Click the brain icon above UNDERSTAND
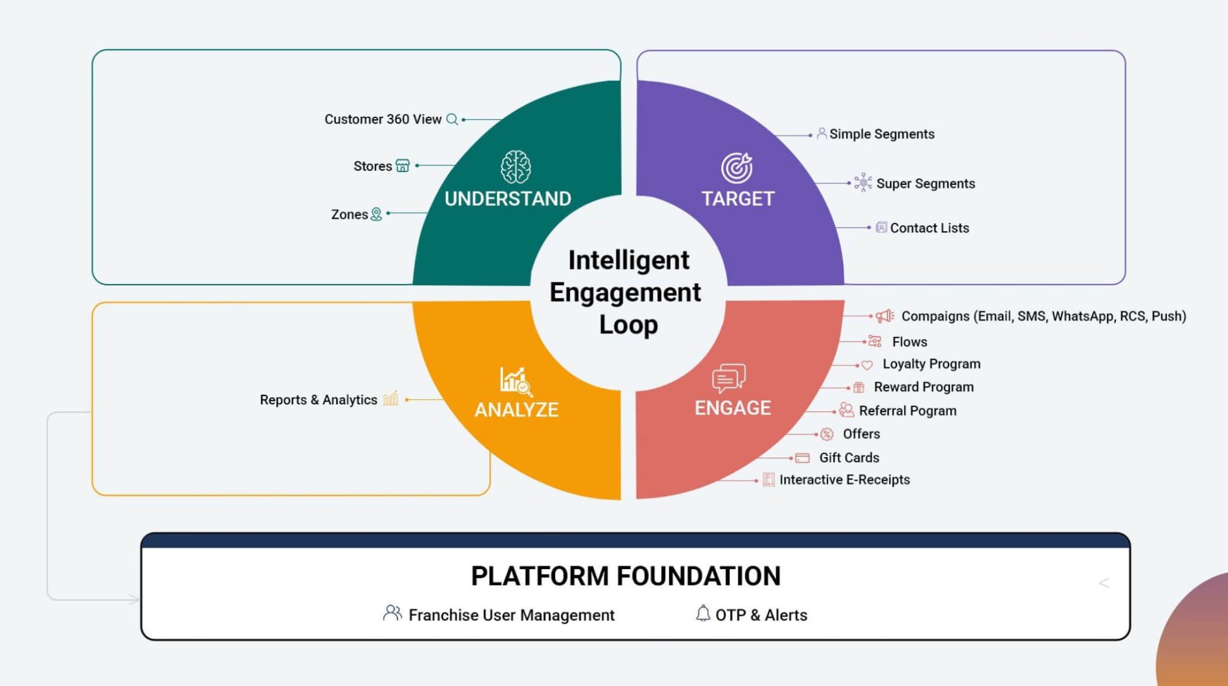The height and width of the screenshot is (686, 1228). pos(516,167)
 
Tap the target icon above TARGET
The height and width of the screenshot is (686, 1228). pos(736,167)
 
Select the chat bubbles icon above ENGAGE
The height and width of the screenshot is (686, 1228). pos(729,378)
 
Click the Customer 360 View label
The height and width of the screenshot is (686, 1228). pos(383,119)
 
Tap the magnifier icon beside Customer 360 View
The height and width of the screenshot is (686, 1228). pos(452,119)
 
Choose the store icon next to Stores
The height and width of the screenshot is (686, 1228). pos(403,165)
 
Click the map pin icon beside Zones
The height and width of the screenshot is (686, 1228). pos(376,214)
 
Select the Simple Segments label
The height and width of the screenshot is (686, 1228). pos(881,134)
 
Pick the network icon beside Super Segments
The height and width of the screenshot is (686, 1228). pos(863,182)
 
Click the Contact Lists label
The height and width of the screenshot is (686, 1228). pos(929,228)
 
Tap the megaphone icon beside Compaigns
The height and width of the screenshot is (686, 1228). pos(884,316)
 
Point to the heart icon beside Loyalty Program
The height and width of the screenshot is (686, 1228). pos(867,365)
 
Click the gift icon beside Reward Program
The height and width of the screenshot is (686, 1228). pos(859,388)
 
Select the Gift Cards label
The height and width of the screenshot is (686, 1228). pos(849,458)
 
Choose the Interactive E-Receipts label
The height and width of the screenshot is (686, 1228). pos(844,480)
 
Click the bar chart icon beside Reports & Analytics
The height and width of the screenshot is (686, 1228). pos(390,398)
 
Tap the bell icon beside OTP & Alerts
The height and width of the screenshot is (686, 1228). pos(703,614)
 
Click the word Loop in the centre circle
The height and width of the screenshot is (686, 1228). pos(628,325)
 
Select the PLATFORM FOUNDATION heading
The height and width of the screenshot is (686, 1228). pos(625,576)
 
